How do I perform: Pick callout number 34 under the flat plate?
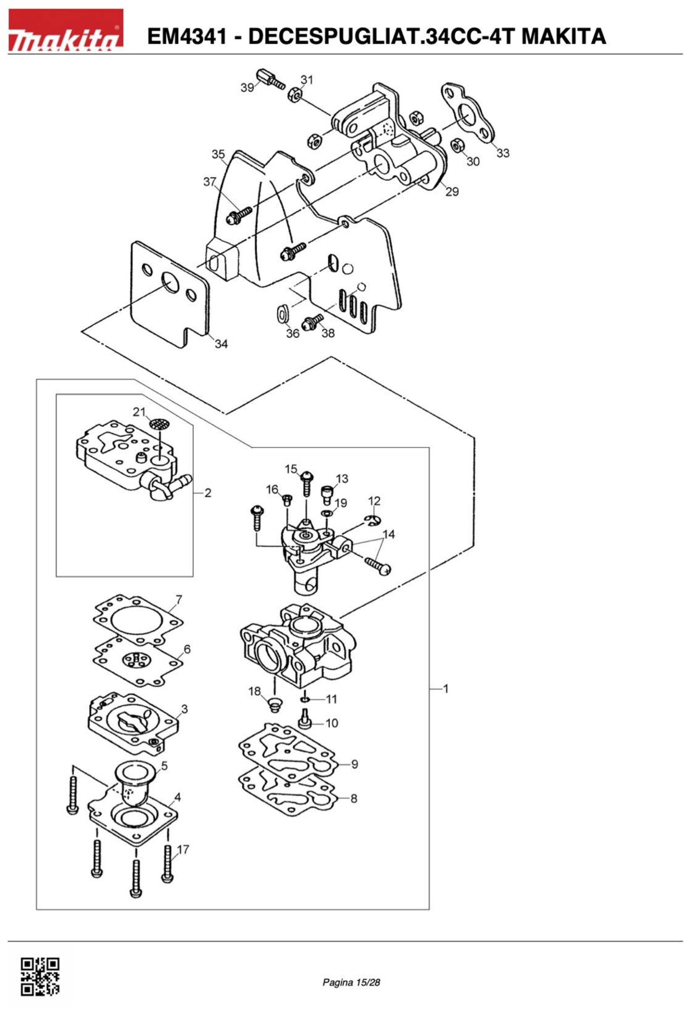coord(221,344)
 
